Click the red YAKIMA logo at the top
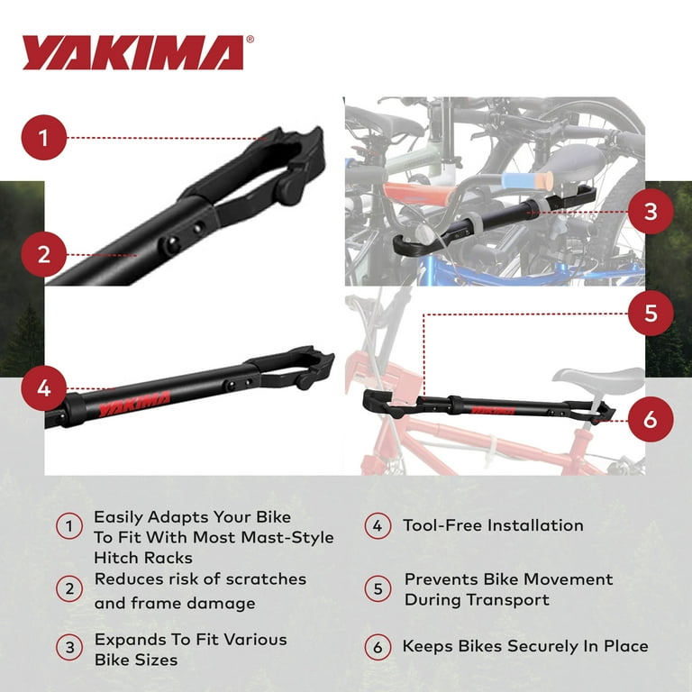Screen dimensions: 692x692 pyautogui.click(x=132, y=52)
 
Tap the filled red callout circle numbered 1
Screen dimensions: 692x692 pyautogui.click(x=46, y=137)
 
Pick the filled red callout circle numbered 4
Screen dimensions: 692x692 pyautogui.click(x=46, y=389)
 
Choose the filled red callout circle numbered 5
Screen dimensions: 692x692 pyautogui.click(x=650, y=314)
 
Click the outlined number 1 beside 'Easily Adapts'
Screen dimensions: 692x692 pyautogui.click(x=69, y=525)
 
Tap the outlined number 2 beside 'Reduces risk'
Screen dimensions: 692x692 pyautogui.click(x=69, y=590)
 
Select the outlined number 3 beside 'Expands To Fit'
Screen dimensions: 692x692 pyautogui.click(x=69, y=649)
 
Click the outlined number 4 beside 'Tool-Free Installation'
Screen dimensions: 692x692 pyautogui.click(x=378, y=525)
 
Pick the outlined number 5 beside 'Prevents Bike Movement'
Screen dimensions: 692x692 pyautogui.click(x=378, y=589)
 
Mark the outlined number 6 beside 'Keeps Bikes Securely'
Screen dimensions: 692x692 pyautogui.click(x=378, y=647)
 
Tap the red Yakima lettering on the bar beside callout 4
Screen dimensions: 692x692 pyautogui.click(x=136, y=397)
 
